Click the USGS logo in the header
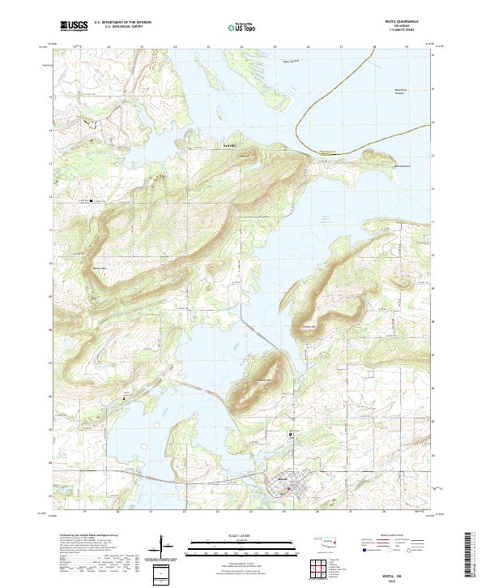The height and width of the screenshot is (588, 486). [x=75, y=26]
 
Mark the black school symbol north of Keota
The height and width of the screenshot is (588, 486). [x=291, y=435]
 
